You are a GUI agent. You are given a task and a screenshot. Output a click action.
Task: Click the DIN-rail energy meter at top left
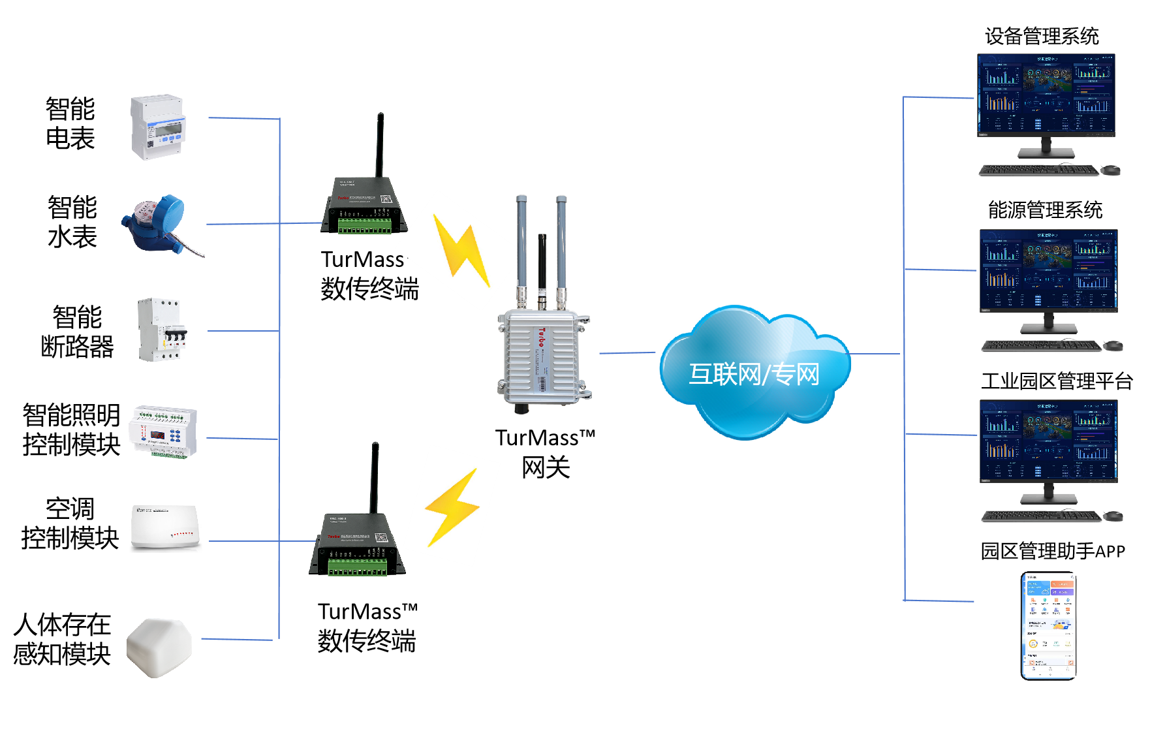[x=159, y=128]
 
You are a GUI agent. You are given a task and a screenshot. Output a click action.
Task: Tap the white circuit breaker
[x=161, y=330]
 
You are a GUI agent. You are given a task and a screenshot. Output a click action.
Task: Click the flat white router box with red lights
[x=166, y=528]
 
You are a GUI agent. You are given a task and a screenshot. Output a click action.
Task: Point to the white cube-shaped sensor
[x=159, y=647]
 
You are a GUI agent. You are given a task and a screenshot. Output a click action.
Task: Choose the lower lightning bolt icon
[x=452, y=507]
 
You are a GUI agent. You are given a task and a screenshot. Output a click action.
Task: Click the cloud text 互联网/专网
[x=754, y=375]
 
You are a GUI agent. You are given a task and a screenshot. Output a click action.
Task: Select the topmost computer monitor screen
[x=1046, y=95]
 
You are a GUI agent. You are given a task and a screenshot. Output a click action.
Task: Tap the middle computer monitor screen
[x=1048, y=270]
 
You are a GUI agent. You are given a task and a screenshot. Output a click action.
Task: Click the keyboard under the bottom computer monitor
[x=1041, y=516]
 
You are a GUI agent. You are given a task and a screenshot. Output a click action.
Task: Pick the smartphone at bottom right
[x=1048, y=627]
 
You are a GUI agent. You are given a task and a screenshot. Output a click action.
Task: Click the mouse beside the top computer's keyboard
[x=1110, y=171]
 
